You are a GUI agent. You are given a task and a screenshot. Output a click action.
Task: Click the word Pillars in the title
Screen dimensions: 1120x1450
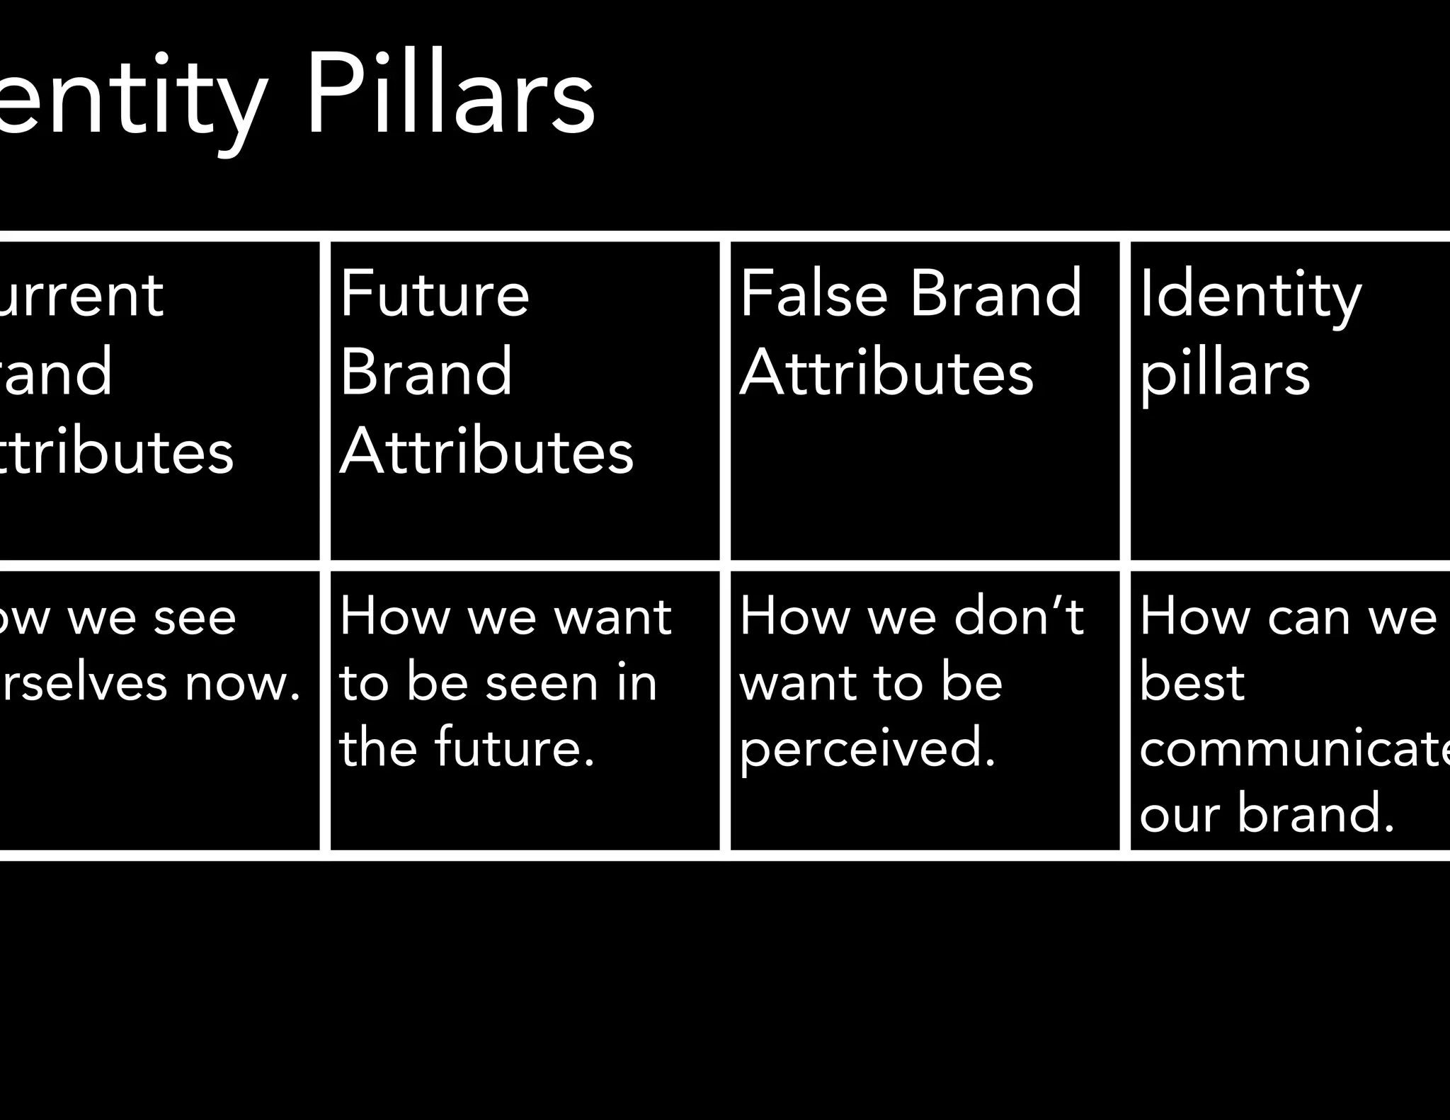(x=450, y=96)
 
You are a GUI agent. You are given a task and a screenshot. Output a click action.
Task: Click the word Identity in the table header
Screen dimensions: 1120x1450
(x=1250, y=295)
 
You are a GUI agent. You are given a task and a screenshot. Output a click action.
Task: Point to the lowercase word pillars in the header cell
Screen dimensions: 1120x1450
(x=1225, y=375)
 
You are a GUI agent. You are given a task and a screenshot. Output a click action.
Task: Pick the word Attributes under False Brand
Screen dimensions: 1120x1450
(x=886, y=372)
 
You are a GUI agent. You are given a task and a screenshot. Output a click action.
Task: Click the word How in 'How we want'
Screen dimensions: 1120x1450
(x=394, y=616)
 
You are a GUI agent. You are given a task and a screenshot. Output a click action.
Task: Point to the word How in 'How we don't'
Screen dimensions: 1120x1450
(x=794, y=616)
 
